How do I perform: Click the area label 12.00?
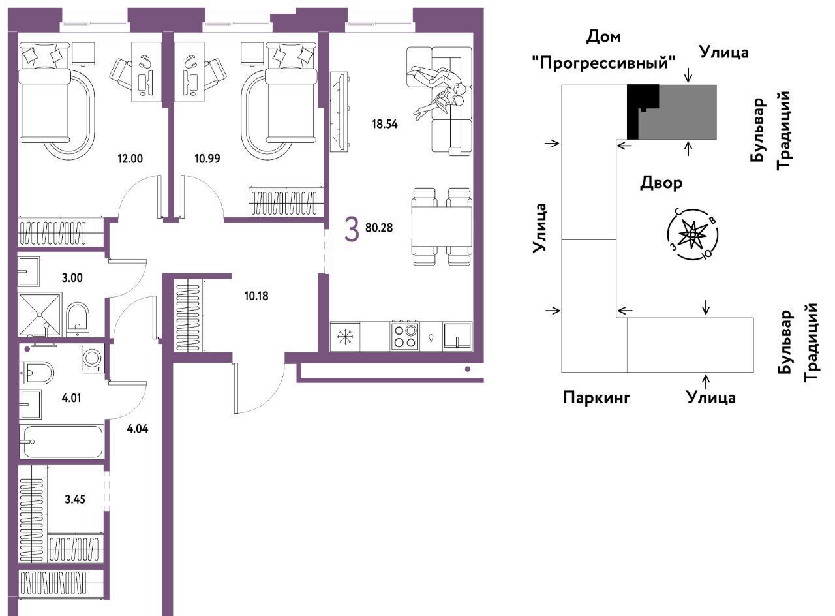pyautogui.click(x=130, y=159)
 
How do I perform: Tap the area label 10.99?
pyautogui.click(x=207, y=159)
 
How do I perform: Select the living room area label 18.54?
pyautogui.click(x=385, y=124)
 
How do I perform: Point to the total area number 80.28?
pyautogui.click(x=379, y=228)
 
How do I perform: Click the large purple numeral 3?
pyautogui.click(x=352, y=230)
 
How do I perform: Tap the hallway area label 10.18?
pyautogui.click(x=256, y=296)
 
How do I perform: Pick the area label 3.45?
pyautogui.click(x=75, y=499)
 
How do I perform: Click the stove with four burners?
pyautogui.click(x=405, y=336)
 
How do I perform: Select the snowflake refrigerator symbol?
pyautogui.click(x=344, y=337)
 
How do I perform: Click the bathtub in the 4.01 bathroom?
pyautogui.click(x=62, y=442)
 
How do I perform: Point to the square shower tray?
pyautogui.click(x=40, y=315)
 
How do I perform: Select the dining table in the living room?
pyautogui.click(x=442, y=226)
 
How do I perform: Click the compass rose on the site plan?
pyautogui.click(x=692, y=234)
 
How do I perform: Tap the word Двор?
pyautogui.click(x=661, y=183)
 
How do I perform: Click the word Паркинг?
pyautogui.click(x=596, y=397)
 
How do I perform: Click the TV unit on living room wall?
pyautogui.click(x=340, y=112)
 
